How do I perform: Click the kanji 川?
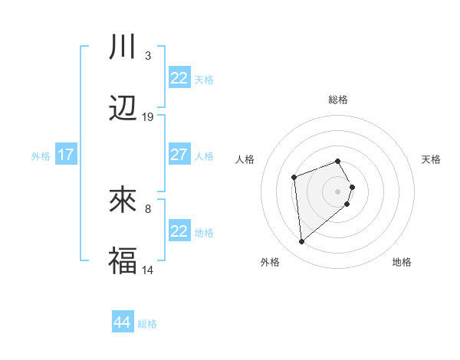tap(123, 47)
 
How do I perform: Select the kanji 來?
tap(123, 201)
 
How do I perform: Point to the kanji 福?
tap(123, 261)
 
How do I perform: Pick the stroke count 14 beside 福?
tap(148, 270)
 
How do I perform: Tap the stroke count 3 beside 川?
tap(148, 56)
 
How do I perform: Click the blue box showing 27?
tap(179, 155)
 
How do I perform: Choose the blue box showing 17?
tap(66, 155)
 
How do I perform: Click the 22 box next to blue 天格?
tap(179, 78)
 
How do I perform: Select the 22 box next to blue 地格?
tap(179, 231)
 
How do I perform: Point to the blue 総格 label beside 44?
tap(147, 324)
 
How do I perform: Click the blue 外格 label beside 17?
tap(41, 156)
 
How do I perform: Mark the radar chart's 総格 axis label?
tap(338, 100)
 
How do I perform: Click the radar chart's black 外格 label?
tap(269, 262)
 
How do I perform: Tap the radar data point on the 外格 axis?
tap(302, 242)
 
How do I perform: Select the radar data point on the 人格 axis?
tap(294, 178)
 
